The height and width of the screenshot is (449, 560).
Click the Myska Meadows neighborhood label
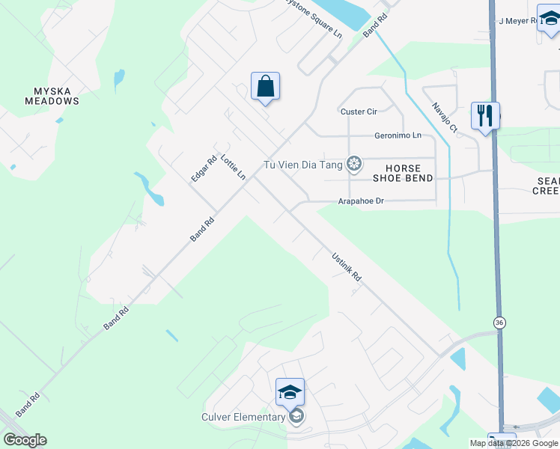(52, 96)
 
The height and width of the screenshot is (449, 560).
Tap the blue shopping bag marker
(266, 87)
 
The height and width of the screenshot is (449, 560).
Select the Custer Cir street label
(359, 112)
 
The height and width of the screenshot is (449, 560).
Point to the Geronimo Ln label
(398, 135)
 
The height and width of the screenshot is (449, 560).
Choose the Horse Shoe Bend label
(403, 173)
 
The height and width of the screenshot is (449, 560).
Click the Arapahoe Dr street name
(360, 201)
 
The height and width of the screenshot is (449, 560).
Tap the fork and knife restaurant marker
(485, 115)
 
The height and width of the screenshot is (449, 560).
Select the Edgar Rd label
(204, 168)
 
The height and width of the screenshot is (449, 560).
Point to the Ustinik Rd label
(347, 266)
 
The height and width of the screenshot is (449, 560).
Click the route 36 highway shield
(499, 322)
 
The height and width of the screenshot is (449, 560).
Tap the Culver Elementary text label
(243, 417)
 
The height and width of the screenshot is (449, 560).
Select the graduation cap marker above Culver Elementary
(290, 391)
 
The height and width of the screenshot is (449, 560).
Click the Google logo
(25, 440)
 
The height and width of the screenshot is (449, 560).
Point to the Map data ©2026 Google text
(514, 443)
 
